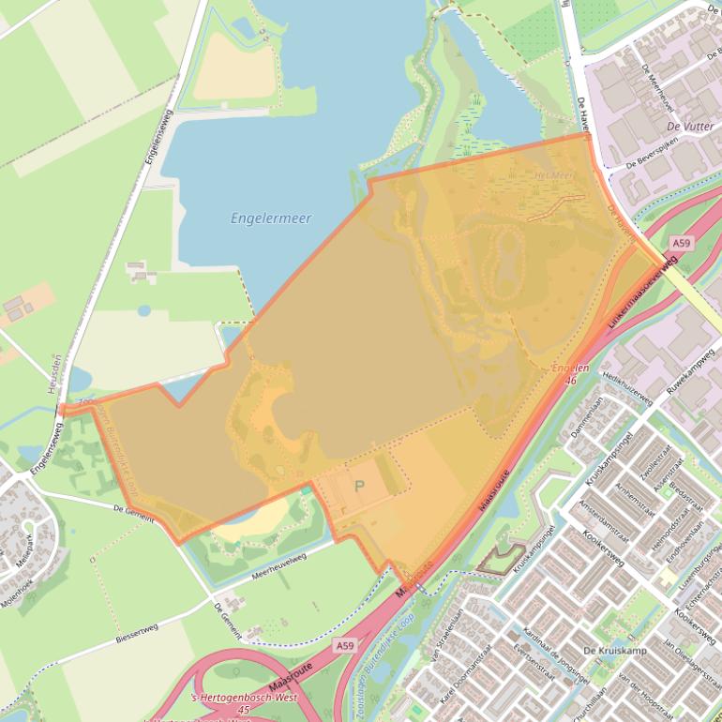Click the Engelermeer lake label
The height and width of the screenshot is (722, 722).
tap(271, 218)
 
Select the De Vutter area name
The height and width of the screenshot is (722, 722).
tap(690, 126)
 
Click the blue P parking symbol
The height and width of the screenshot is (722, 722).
tap(359, 487)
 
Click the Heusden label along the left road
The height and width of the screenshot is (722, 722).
tap(57, 370)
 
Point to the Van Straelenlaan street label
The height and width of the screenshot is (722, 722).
tap(443, 640)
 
